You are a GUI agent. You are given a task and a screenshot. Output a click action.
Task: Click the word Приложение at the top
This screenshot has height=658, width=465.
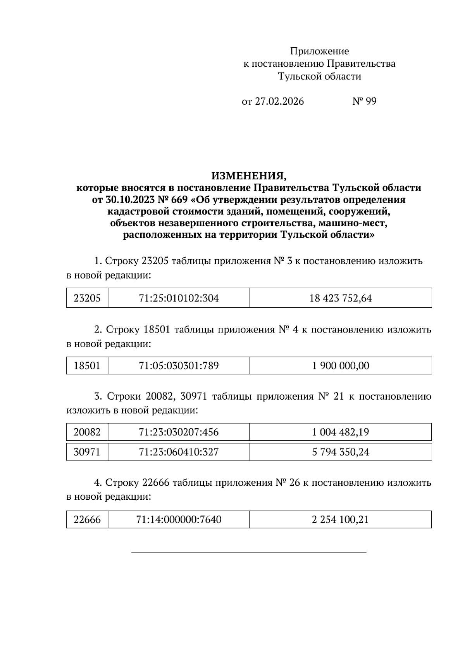pyautogui.click(x=319, y=51)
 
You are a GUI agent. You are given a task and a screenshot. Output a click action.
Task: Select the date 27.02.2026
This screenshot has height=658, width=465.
pyautogui.click(x=279, y=102)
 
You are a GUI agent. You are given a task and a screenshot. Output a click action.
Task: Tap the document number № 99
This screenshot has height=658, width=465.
pyautogui.click(x=364, y=102)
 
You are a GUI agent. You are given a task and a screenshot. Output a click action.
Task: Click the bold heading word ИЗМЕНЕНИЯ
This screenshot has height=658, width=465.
pyautogui.click(x=249, y=176)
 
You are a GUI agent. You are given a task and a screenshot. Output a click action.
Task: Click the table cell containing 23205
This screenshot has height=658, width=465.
pyautogui.click(x=87, y=298)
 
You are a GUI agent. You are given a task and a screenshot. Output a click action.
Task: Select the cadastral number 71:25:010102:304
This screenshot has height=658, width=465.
pyautogui.click(x=179, y=298)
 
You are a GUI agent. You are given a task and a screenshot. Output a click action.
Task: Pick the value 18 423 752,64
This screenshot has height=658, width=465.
pyautogui.click(x=340, y=298)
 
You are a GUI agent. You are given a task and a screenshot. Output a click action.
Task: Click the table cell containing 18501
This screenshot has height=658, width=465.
pyautogui.click(x=87, y=365)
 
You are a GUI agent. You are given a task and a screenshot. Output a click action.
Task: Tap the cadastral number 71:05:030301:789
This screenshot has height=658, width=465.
pyautogui.click(x=179, y=365)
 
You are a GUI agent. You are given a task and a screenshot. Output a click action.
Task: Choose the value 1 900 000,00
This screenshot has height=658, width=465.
pyautogui.click(x=340, y=365)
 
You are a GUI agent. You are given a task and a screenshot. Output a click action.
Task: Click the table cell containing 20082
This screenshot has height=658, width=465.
pyautogui.click(x=87, y=432)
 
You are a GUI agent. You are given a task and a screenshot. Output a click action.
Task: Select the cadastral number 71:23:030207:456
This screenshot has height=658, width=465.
pyautogui.click(x=179, y=432)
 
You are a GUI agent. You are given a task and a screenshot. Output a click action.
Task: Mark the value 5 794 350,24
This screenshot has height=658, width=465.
pyautogui.click(x=340, y=452)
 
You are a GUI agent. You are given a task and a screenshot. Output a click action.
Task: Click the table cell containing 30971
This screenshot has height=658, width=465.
pyautogui.click(x=87, y=452)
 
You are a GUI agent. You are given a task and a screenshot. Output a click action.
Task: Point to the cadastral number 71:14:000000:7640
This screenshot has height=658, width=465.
pyautogui.click(x=179, y=519)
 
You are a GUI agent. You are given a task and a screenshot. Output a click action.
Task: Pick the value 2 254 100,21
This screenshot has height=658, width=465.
pyautogui.click(x=340, y=519)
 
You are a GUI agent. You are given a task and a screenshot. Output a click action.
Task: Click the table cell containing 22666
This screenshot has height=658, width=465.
pyautogui.click(x=87, y=519)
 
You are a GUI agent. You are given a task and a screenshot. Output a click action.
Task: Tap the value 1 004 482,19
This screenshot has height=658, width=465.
pyautogui.click(x=340, y=432)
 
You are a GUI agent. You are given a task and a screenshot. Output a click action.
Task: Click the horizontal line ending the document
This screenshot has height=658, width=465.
pyautogui.click(x=249, y=552)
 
